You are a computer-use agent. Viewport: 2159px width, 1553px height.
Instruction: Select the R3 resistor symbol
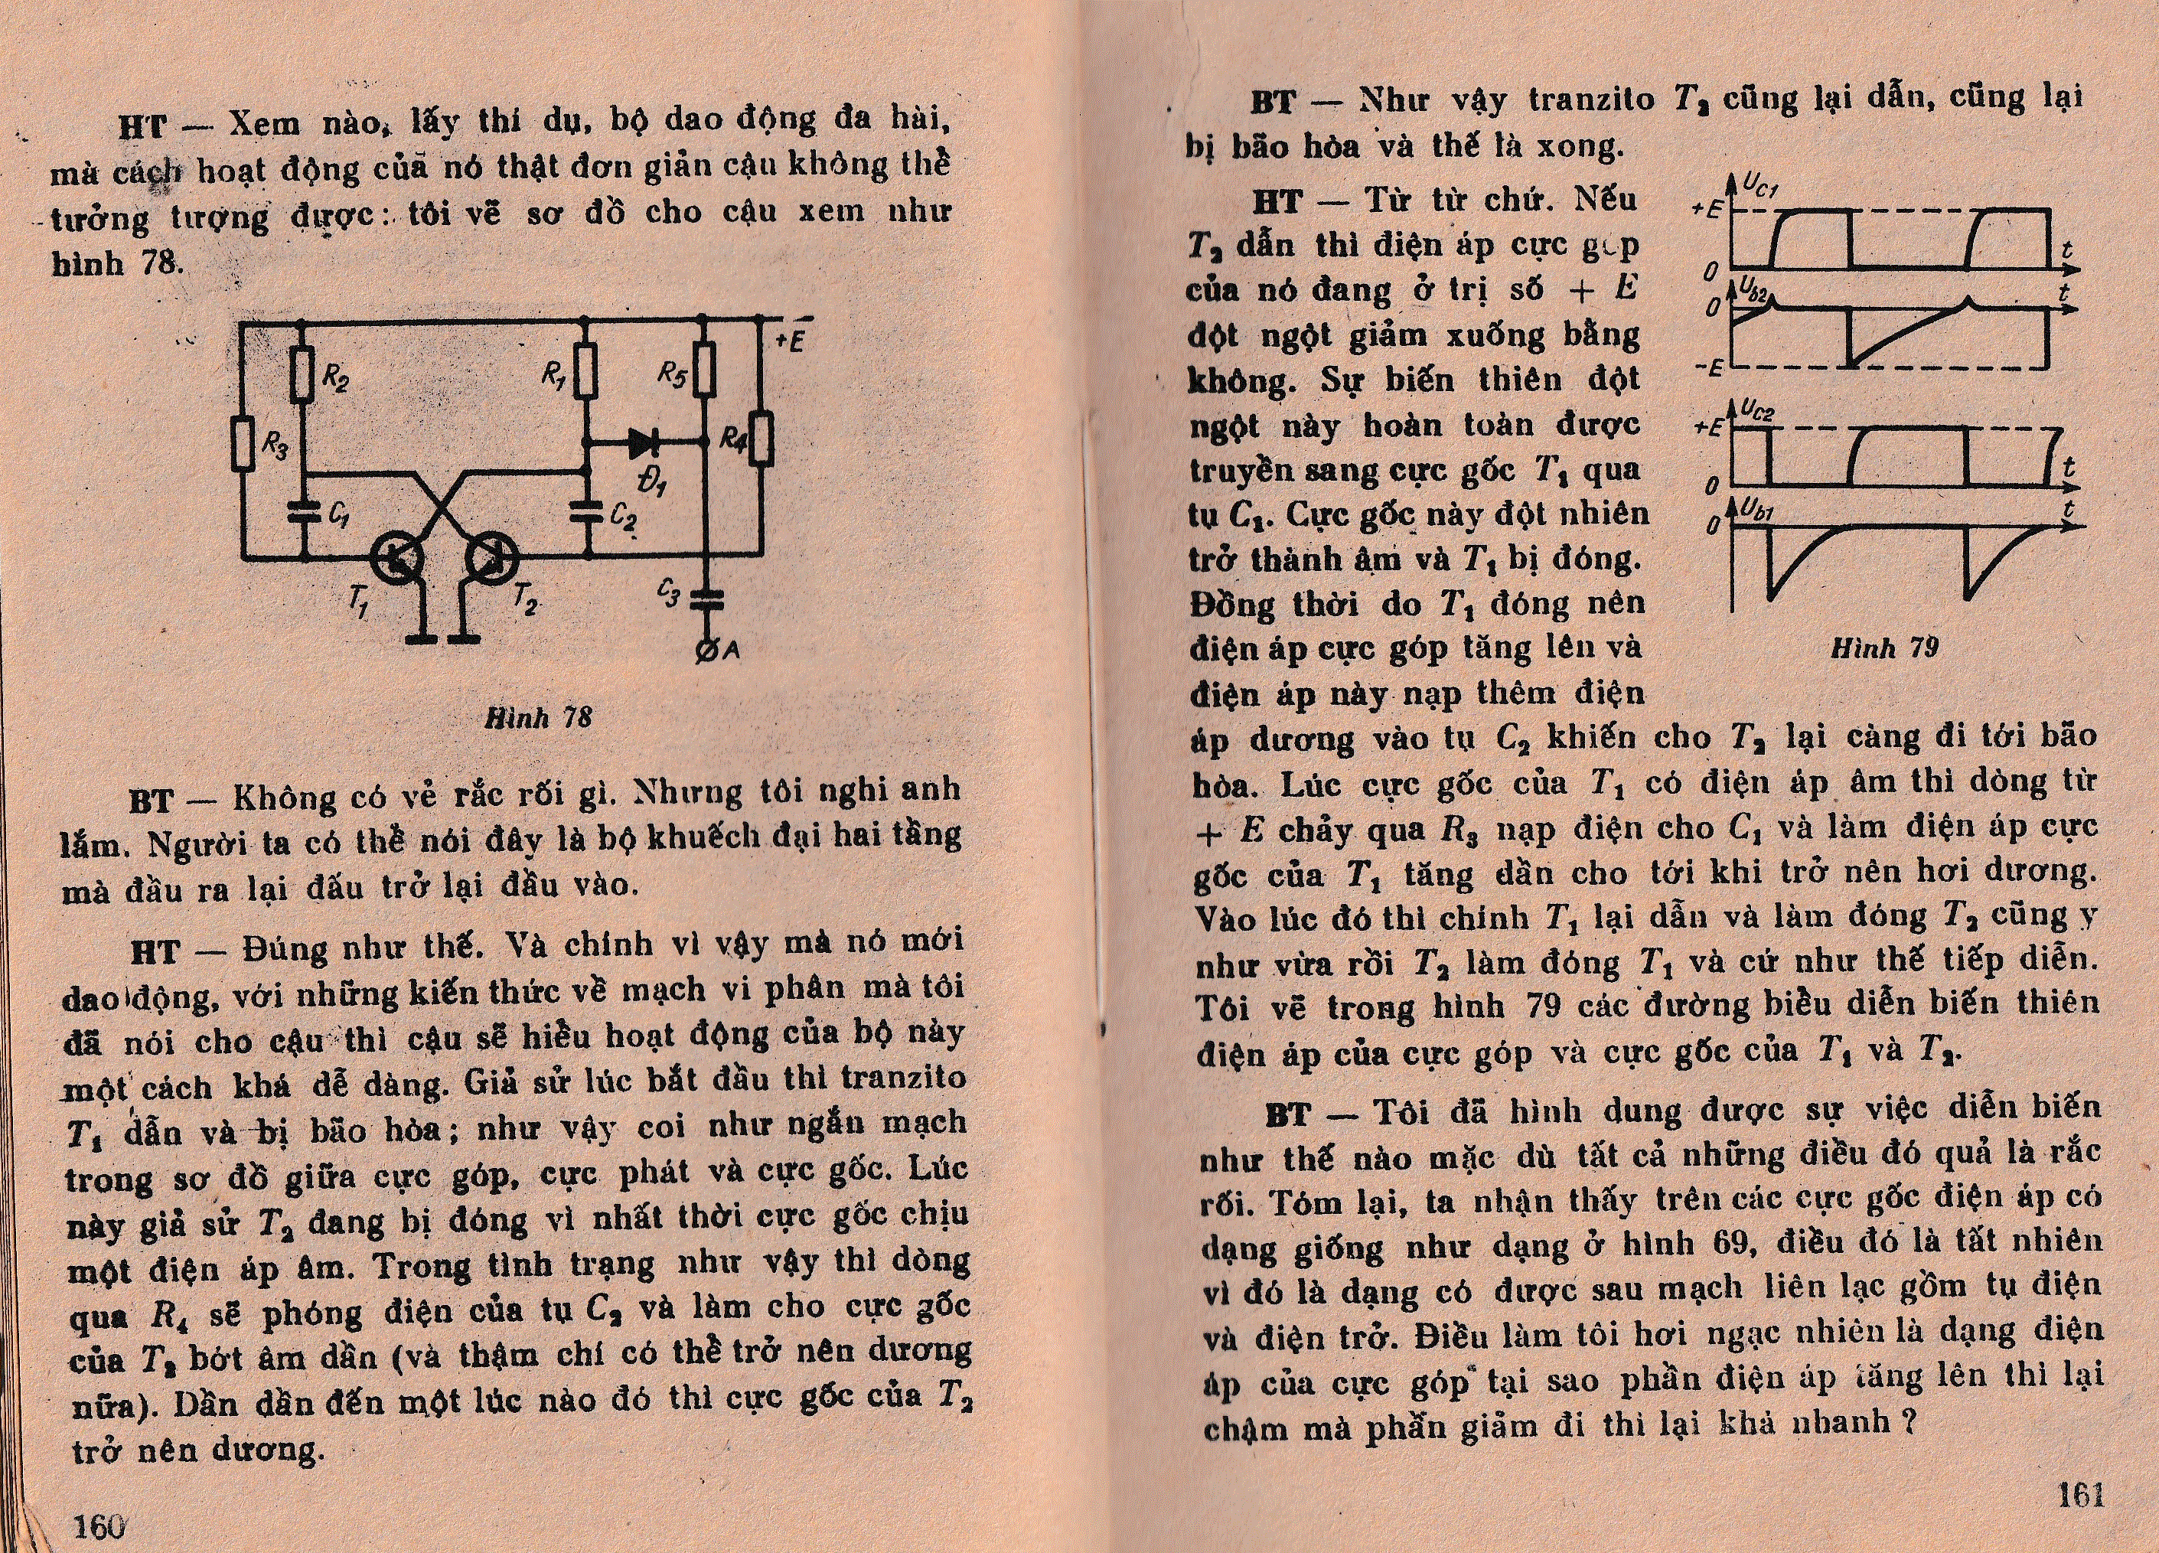pyautogui.click(x=243, y=444)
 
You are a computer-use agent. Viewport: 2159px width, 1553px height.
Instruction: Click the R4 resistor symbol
pyautogui.click(x=762, y=439)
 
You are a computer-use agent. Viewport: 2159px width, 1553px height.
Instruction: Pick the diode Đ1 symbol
pyautogui.click(x=645, y=442)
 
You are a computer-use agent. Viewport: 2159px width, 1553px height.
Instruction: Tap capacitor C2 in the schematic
pyautogui.click(x=586, y=512)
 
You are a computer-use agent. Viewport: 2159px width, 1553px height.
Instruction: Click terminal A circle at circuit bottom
pyautogui.click(x=707, y=651)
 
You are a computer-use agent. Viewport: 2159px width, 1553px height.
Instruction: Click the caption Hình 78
pyautogui.click(x=538, y=717)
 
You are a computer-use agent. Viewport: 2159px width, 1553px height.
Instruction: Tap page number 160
pyautogui.click(x=100, y=1526)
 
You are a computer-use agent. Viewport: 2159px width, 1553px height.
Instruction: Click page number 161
pyautogui.click(x=2080, y=1495)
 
